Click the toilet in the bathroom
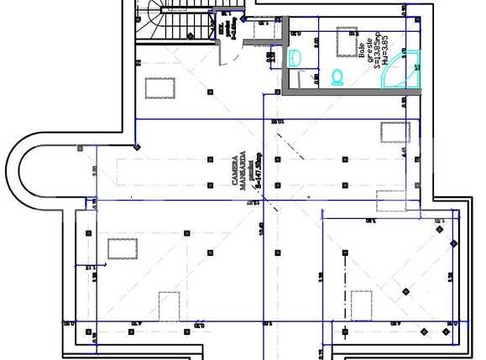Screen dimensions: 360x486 tap(337, 77)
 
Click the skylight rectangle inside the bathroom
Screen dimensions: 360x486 tap(348, 41)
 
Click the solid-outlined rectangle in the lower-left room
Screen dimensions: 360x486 tap(123, 248)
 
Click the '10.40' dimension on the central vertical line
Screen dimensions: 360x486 tap(262, 228)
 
